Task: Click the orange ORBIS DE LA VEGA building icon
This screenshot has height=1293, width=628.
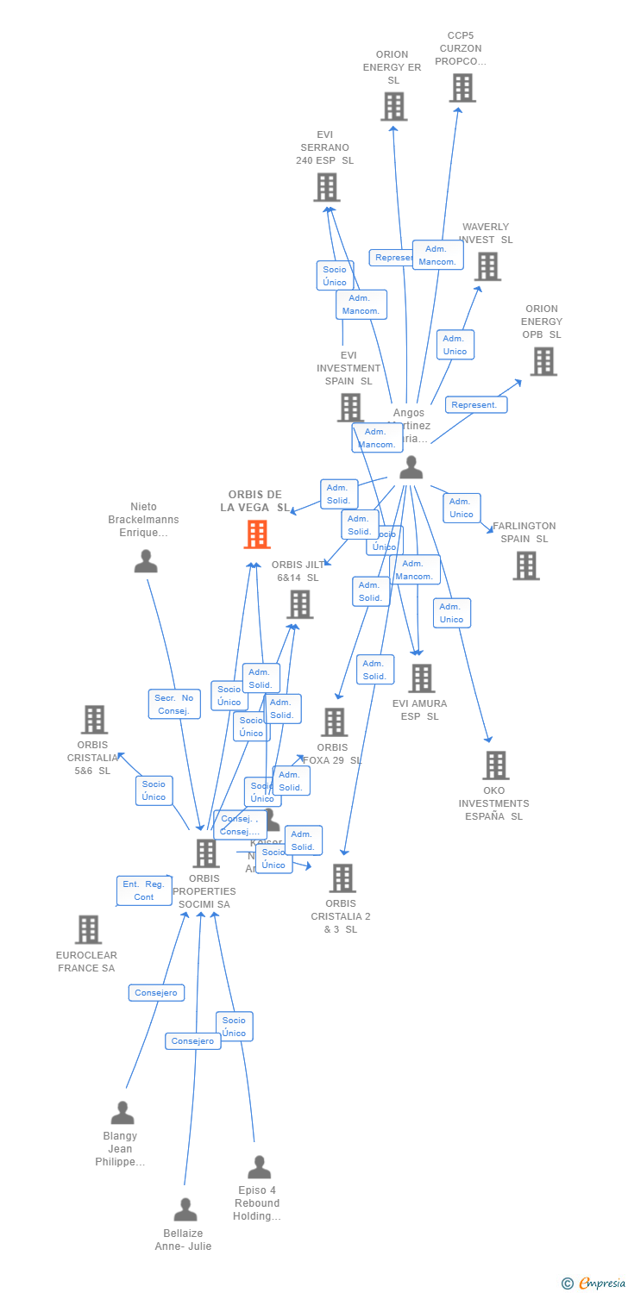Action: [256, 534]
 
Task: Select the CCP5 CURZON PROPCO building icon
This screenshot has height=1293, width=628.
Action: [462, 88]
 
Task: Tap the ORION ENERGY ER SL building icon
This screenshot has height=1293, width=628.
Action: [393, 107]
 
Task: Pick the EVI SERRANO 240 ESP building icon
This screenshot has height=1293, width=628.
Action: [326, 187]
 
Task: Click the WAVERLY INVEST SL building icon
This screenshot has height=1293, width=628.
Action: [487, 266]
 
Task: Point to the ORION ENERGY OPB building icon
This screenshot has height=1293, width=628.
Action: [543, 362]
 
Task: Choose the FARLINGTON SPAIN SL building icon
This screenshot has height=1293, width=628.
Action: [525, 565]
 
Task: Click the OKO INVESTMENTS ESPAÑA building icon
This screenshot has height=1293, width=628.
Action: [495, 765]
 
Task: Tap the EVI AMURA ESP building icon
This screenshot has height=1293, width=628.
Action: [421, 678]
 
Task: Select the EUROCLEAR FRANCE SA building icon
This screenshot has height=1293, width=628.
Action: [88, 929]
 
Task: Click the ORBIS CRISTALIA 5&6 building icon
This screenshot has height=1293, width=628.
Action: [94, 720]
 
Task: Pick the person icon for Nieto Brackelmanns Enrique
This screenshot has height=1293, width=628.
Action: [146, 561]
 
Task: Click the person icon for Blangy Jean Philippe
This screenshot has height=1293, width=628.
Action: [122, 1113]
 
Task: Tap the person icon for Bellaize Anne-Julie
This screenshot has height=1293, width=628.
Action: [185, 1209]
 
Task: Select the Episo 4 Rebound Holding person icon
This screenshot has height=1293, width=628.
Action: [259, 1167]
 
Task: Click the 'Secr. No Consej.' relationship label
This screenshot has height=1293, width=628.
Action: [174, 704]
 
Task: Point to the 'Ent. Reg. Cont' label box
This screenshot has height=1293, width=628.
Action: [143, 890]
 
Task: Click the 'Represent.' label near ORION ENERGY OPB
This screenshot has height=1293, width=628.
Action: [475, 404]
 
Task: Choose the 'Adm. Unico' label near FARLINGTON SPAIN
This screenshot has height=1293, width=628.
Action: [462, 508]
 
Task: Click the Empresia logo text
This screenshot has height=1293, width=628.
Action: [600, 1284]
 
